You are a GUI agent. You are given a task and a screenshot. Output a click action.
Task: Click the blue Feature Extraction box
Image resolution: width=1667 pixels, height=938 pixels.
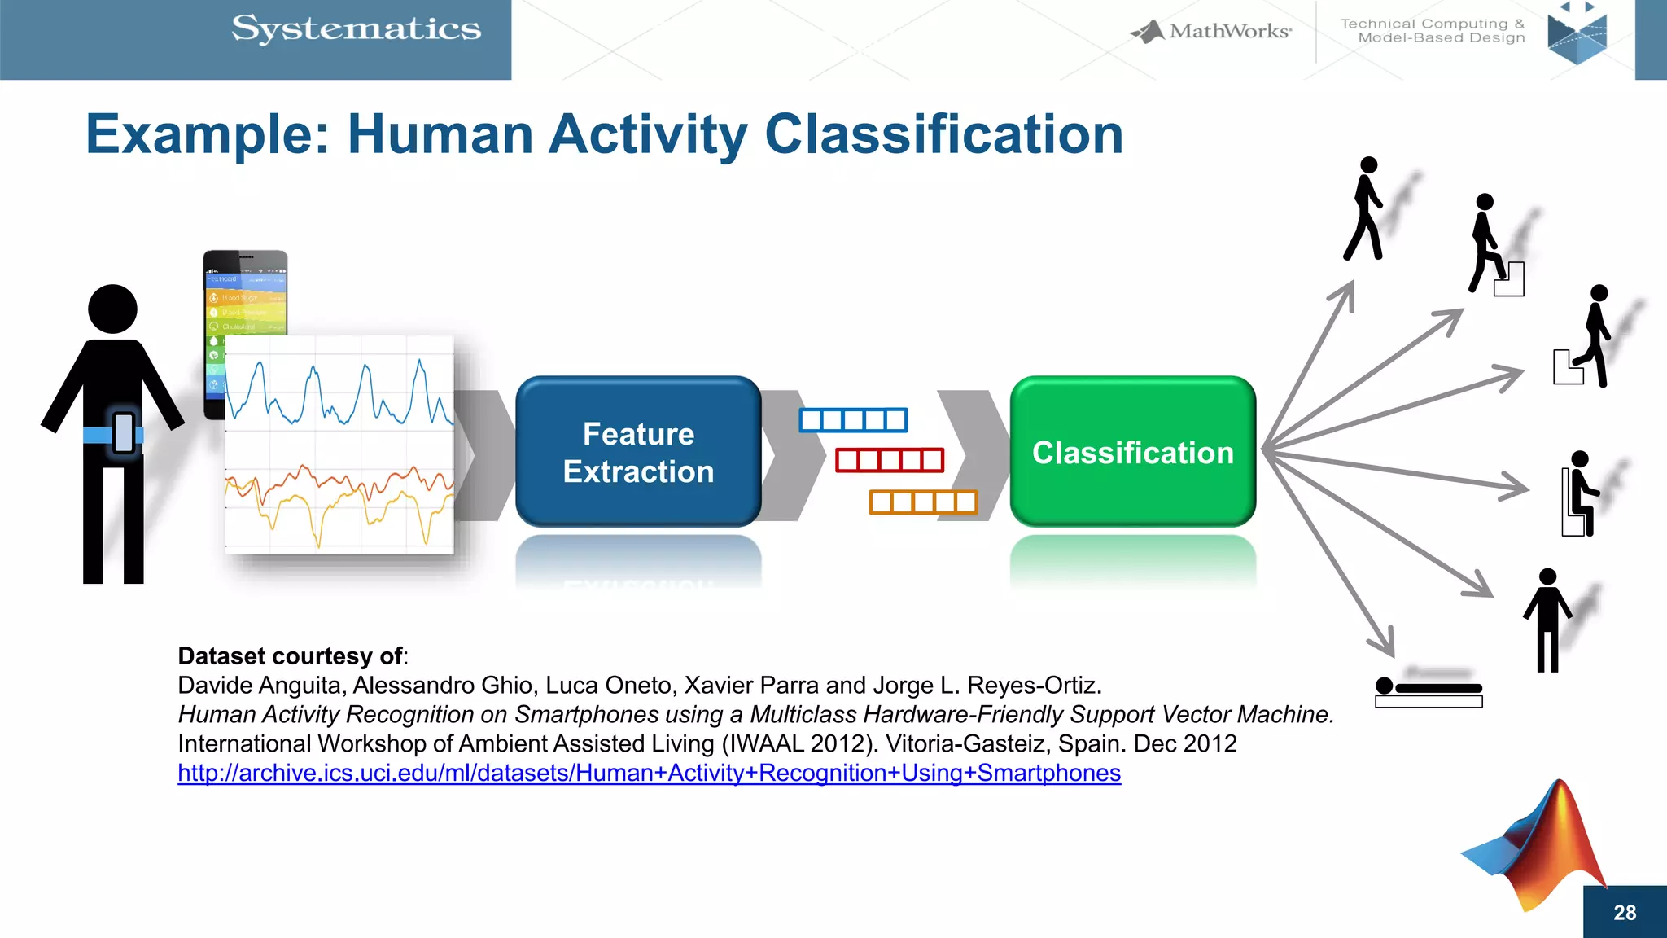(638, 452)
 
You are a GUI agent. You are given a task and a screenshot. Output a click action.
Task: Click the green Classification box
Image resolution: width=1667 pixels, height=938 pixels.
(1132, 452)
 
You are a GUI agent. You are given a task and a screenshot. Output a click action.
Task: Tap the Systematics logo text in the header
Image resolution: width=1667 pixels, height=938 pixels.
(356, 29)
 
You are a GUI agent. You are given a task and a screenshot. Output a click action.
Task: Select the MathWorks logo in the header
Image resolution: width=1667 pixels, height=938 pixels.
(1211, 32)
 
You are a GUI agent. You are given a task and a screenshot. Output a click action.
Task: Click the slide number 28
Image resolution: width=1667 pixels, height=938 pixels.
(1624, 913)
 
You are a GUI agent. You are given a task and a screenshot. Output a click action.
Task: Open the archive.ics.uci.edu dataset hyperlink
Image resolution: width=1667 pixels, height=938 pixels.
(649, 773)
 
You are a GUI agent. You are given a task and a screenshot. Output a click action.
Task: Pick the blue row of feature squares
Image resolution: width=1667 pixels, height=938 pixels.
(853, 420)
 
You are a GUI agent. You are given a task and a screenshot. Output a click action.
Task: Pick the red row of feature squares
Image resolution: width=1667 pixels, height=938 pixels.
(889, 460)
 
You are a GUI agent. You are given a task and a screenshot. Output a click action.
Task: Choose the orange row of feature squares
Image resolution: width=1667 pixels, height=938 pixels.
(923, 502)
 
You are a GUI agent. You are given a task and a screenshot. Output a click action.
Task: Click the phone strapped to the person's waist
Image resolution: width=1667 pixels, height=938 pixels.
(124, 433)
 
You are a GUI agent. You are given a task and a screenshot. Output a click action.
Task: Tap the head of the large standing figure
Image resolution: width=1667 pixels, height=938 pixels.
(112, 309)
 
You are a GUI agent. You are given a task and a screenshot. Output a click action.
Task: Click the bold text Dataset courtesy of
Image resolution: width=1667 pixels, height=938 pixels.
(291, 656)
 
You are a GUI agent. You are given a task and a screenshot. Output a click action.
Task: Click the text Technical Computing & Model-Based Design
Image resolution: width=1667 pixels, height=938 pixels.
(1433, 31)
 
